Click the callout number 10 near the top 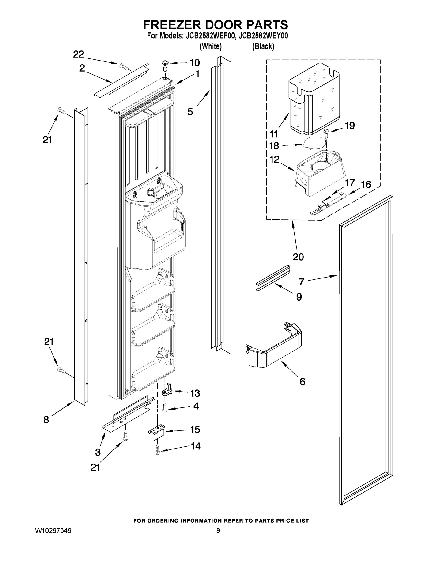[195, 63]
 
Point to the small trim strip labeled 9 [273, 278]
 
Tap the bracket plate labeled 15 [156, 432]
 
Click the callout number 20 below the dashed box [298, 257]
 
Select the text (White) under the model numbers [211, 46]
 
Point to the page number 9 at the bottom [218, 531]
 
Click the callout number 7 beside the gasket [302, 282]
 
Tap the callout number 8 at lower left [46, 420]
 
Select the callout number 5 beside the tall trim [190, 112]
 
